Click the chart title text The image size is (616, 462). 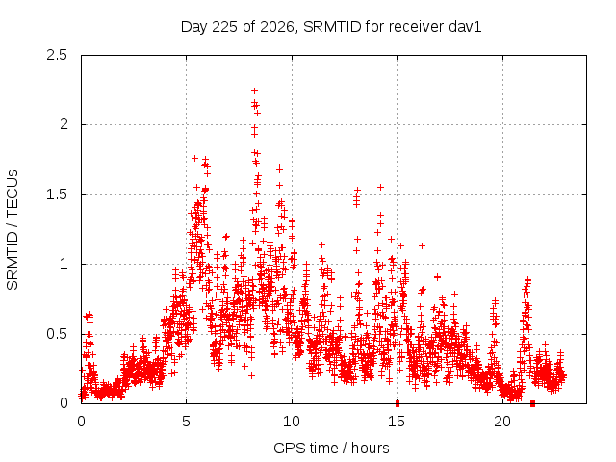click(331, 27)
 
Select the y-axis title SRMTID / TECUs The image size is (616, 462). click(13, 230)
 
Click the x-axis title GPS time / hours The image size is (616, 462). click(331, 448)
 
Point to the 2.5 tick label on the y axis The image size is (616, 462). click(57, 55)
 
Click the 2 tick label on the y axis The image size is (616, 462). click(64, 124)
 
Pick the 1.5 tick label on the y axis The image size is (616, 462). click(57, 194)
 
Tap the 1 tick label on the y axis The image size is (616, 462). click(64, 264)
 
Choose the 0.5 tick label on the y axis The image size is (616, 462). click(57, 334)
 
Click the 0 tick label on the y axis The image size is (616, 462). click(64, 403)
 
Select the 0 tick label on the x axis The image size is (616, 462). click(81, 422)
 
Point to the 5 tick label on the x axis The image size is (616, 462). click(186, 422)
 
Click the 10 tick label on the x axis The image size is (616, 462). click(292, 422)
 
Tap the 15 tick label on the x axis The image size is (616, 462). click(397, 422)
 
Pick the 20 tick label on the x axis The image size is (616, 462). click(502, 422)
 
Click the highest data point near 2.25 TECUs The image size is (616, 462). click(254, 91)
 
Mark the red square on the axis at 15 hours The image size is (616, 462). click(398, 403)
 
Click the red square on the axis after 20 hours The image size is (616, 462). click(532, 403)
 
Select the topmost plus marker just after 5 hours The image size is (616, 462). click(194, 158)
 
